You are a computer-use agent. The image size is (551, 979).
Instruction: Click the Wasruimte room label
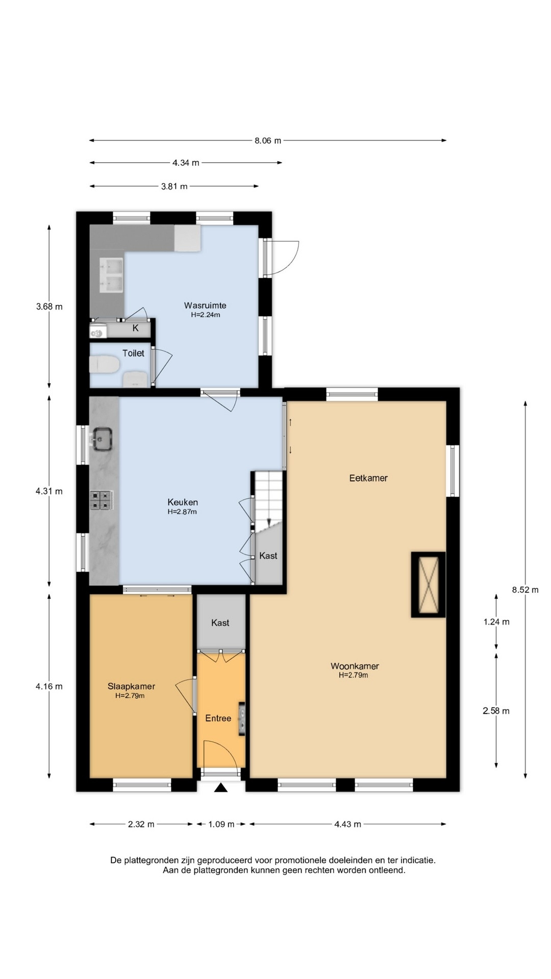pyautogui.click(x=205, y=305)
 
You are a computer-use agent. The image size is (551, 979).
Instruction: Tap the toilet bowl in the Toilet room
pyautogui.click(x=105, y=365)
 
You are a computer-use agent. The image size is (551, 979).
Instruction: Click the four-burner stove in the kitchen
pyautogui.click(x=102, y=500)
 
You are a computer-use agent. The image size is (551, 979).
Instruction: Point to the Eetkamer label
pyautogui.click(x=368, y=478)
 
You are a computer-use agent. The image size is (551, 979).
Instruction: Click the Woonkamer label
pyautogui.click(x=355, y=666)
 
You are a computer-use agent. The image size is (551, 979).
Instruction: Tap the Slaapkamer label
pyautogui.click(x=131, y=686)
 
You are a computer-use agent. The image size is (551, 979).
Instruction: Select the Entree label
pyautogui.click(x=218, y=718)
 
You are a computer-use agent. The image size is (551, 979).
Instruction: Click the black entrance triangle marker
pyautogui.click(x=220, y=788)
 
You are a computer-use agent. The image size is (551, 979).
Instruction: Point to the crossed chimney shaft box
pyautogui.click(x=428, y=585)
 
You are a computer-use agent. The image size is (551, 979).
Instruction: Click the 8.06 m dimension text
pyautogui.click(x=268, y=141)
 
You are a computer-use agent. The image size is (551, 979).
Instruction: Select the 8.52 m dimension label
pyautogui.click(x=525, y=590)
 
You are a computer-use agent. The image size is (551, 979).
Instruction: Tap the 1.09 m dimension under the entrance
pyautogui.click(x=221, y=824)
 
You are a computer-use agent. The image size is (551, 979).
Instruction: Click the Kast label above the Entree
pyautogui.click(x=220, y=623)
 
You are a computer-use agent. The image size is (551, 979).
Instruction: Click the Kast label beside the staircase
pyautogui.click(x=268, y=555)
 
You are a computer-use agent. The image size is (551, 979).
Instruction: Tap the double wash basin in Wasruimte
pyautogui.click(x=112, y=276)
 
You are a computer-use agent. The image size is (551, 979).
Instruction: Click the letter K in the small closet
pyautogui.click(x=136, y=328)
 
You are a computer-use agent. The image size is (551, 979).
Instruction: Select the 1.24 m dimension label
pyautogui.click(x=496, y=622)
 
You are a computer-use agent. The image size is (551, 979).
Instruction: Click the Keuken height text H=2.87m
pyautogui.click(x=182, y=511)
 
